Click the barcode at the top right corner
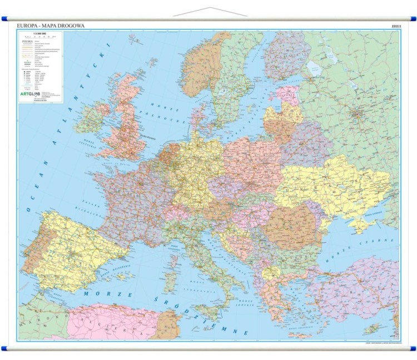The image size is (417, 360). coord(395,26)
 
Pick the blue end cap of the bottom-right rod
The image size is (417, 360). coord(412,348)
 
